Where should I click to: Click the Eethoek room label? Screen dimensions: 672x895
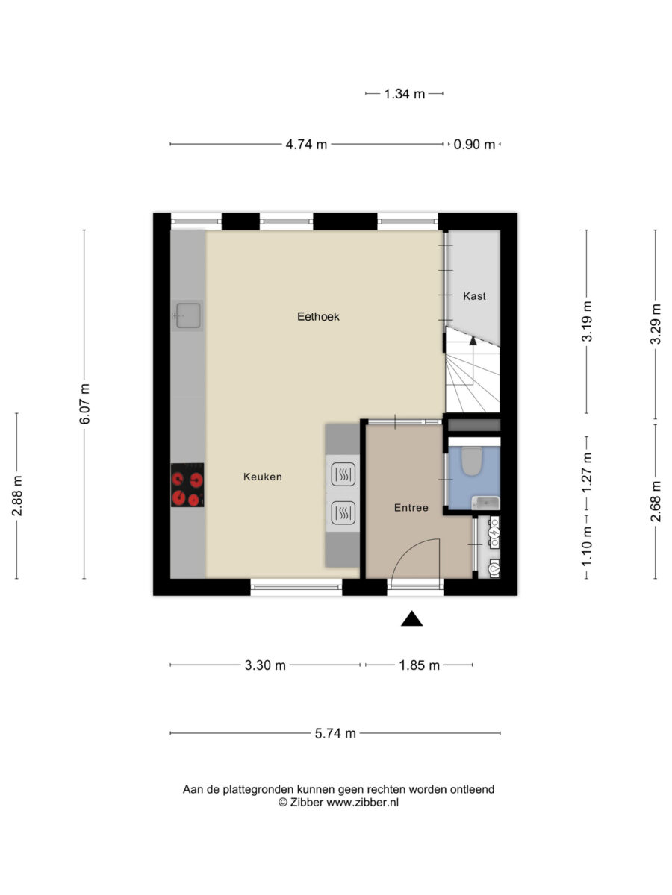(x=318, y=317)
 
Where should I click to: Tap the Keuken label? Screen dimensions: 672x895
(x=262, y=477)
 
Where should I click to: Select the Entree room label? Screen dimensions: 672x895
(x=411, y=508)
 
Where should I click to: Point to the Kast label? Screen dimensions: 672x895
(x=474, y=296)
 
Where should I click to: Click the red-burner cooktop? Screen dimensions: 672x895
(x=187, y=485)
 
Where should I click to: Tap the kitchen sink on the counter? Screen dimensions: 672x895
(x=187, y=315)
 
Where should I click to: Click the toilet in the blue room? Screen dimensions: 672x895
(x=471, y=461)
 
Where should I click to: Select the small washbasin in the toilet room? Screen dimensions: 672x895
(x=485, y=503)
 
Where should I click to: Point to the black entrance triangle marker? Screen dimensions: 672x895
(x=411, y=618)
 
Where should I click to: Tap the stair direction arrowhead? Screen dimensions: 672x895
(x=473, y=340)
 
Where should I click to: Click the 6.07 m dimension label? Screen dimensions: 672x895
(x=84, y=403)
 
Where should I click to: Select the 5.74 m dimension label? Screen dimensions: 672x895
(x=335, y=734)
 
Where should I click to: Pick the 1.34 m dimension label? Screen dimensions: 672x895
(x=405, y=94)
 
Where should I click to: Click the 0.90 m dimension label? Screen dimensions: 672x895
(x=474, y=145)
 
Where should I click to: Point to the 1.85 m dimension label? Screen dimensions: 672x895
(x=419, y=665)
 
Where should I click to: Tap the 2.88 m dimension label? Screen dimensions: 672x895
(x=17, y=495)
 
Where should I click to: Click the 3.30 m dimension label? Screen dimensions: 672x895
(x=265, y=665)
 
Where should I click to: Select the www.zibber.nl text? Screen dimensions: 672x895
(x=362, y=803)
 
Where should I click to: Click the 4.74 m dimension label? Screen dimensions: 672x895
(x=306, y=145)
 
